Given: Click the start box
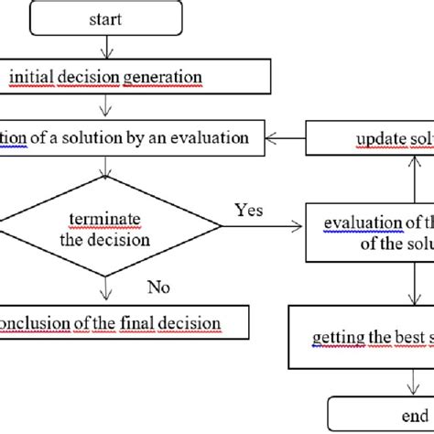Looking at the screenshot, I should click(110, 18).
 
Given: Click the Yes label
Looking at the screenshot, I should click(248, 210).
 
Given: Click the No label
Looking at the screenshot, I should click(161, 288).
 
